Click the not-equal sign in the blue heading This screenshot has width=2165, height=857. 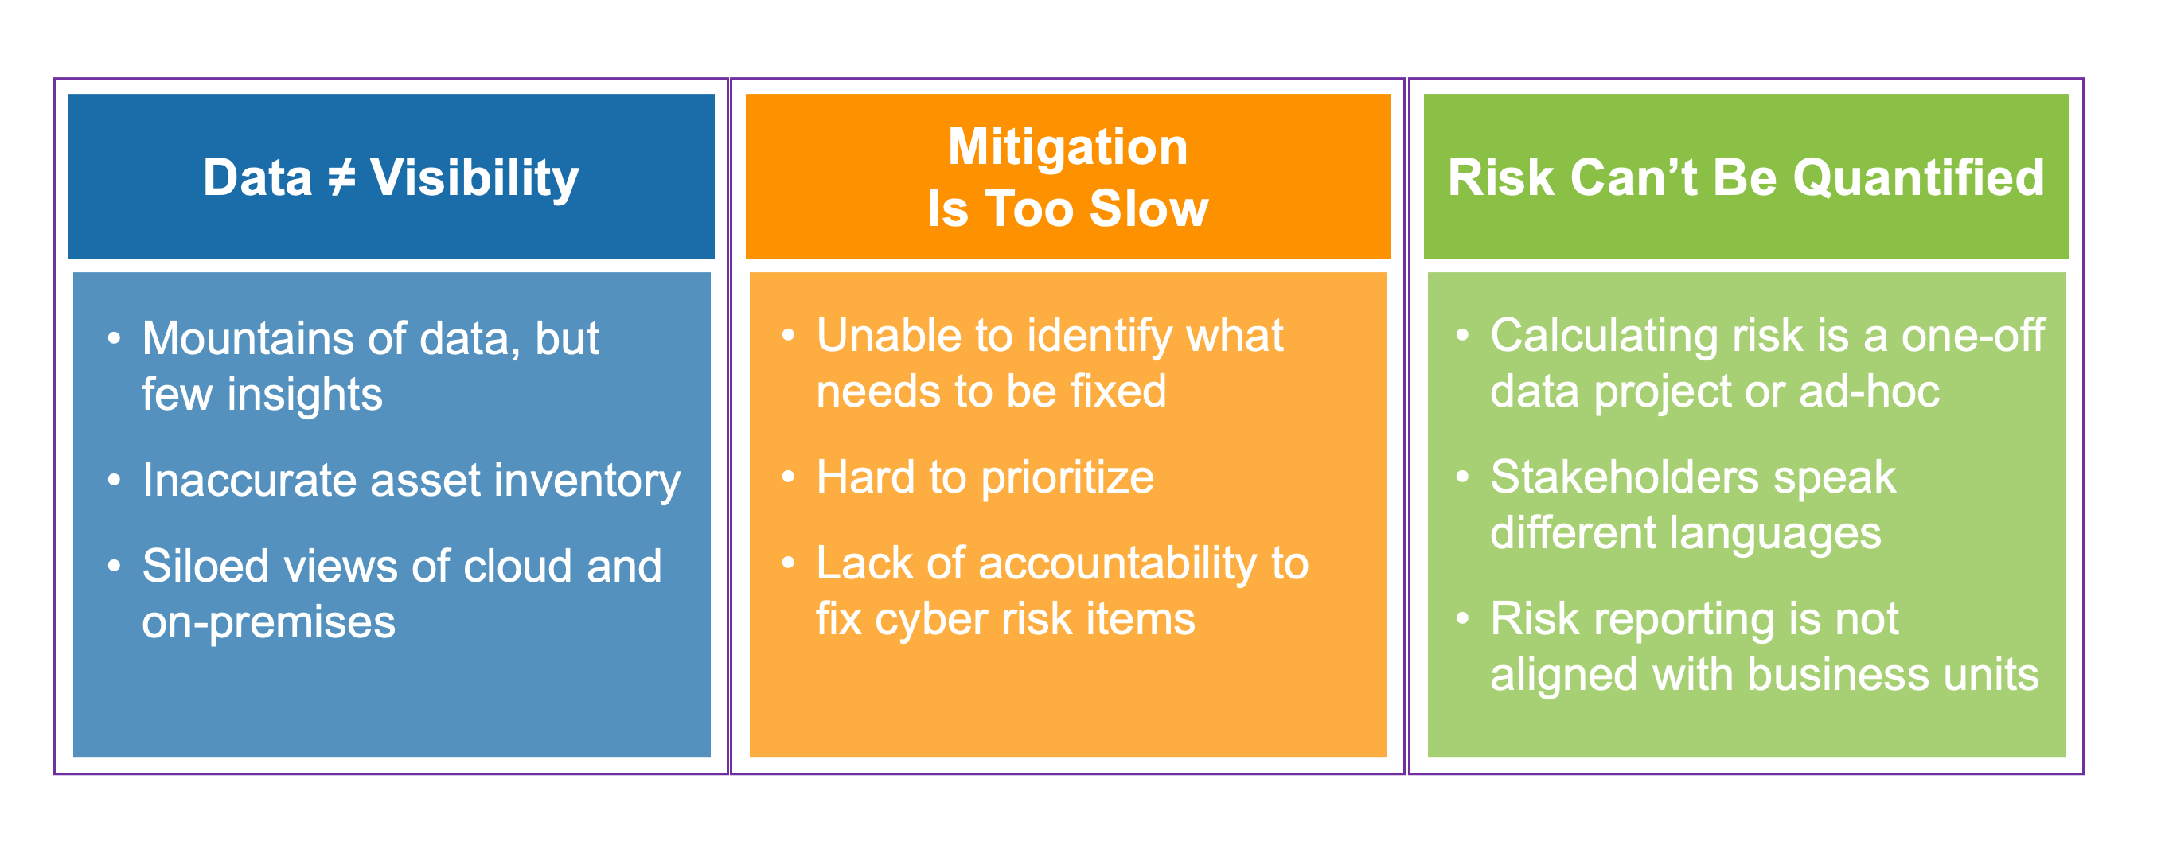click(341, 178)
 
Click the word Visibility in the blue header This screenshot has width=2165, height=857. click(474, 179)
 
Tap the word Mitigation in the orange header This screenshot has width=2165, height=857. click(1067, 147)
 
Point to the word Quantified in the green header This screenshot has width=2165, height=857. click(1918, 178)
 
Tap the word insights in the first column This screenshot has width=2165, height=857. click(304, 394)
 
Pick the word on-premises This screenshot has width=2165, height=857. click(268, 622)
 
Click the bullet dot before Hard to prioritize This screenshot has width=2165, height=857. click(788, 477)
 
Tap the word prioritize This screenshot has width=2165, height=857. click(1067, 478)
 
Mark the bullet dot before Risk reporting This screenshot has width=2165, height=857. click(1462, 619)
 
